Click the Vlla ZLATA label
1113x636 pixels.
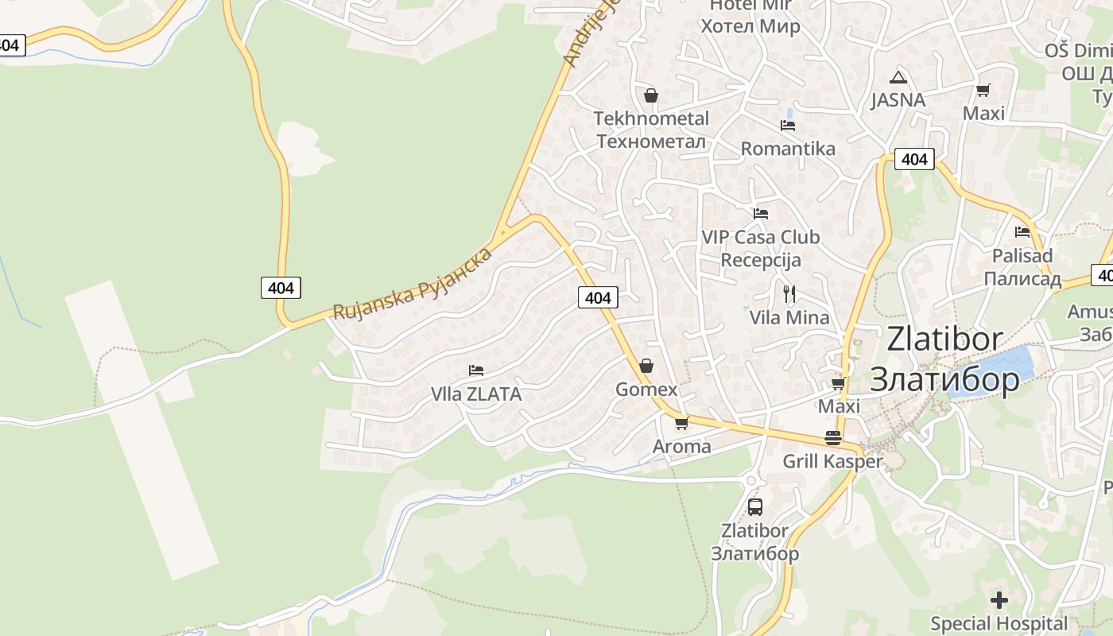click(x=476, y=394)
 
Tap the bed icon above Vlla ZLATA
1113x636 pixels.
click(x=476, y=370)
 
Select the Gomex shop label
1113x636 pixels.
click(x=646, y=390)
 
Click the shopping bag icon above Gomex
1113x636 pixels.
click(x=646, y=366)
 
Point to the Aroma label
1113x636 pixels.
click(x=681, y=447)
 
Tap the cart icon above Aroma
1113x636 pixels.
click(x=681, y=423)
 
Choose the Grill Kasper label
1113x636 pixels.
click(x=832, y=462)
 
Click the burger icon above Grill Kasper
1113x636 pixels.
click(x=832, y=438)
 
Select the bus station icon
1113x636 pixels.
click(x=754, y=506)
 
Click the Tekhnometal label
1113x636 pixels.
click(x=651, y=119)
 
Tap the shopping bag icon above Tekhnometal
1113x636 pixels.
click(x=651, y=96)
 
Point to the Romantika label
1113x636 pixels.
click(x=788, y=149)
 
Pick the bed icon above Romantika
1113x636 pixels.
click(x=788, y=126)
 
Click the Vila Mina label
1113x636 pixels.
click(x=789, y=318)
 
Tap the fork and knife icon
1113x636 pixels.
click(x=789, y=294)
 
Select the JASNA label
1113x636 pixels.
click(x=898, y=100)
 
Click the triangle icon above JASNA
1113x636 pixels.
click(x=898, y=77)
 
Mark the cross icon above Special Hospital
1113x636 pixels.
click(x=999, y=599)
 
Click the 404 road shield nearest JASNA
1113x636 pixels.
click(x=914, y=159)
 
